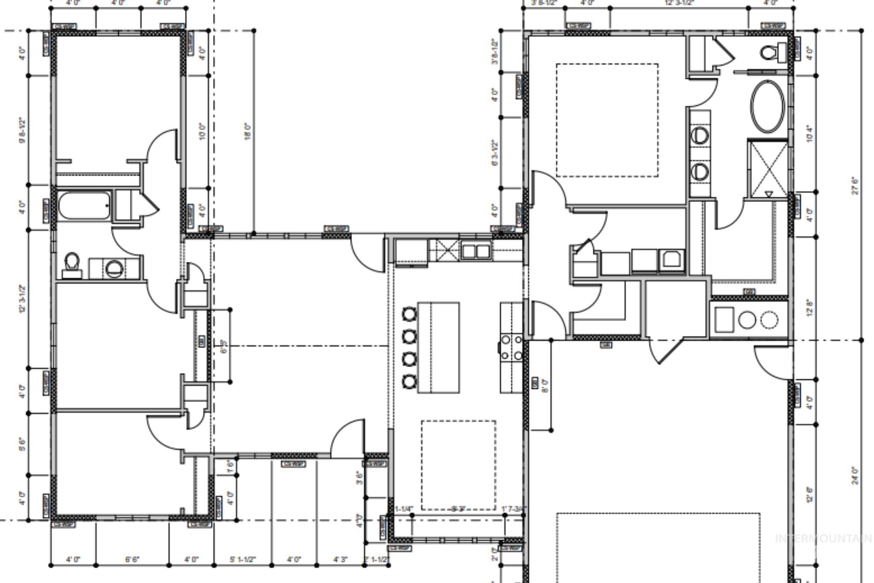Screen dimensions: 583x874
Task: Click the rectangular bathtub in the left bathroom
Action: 84,206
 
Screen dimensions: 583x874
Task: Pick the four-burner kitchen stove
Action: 511,347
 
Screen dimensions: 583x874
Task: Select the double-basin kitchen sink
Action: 475,251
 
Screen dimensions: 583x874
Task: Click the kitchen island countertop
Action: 438,347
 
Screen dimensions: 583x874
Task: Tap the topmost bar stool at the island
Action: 409,315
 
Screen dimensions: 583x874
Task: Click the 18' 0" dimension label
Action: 248,131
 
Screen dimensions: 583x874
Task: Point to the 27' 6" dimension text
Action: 855,186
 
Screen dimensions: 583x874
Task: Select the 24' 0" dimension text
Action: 855,475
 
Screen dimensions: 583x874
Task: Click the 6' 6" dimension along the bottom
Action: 132,560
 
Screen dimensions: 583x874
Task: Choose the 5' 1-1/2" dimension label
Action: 242,560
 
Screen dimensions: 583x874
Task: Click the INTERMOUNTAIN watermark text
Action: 823,539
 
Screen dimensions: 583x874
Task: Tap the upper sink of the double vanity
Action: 699,136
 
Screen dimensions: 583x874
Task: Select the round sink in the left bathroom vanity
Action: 114,269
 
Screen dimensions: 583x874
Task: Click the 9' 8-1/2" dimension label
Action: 23,131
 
